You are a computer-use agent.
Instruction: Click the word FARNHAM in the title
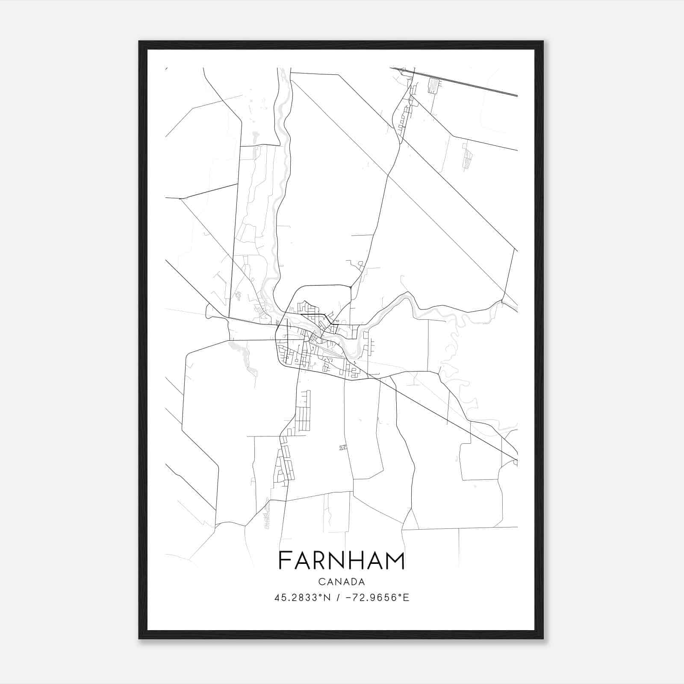(342, 560)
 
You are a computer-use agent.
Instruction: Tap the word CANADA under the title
(342, 582)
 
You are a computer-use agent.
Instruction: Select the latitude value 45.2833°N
(303, 598)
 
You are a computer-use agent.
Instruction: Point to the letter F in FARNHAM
(285, 560)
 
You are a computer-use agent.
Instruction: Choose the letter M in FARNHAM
(394, 560)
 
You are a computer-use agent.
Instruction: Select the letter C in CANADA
(321, 582)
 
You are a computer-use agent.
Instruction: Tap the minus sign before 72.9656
(347, 598)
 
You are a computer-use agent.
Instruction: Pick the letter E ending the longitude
(407, 598)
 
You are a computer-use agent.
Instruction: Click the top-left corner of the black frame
(140, 42)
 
